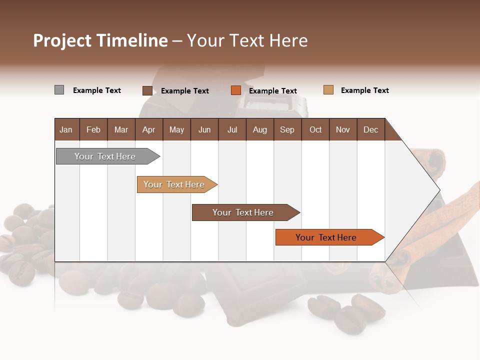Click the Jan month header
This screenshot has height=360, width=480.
point(66,129)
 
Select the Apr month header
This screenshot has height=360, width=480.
point(149,129)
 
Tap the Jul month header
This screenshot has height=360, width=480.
point(232,129)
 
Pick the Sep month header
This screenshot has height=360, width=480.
point(287,129)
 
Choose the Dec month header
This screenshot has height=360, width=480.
point(371,129)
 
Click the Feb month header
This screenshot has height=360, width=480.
point(93,129)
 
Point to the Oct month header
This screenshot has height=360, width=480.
point(315,129)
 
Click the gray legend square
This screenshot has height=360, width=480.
point(59,90)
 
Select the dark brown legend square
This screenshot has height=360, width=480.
point(147,90)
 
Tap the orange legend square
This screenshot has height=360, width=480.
point(236,90)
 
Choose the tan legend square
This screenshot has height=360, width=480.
point(328,90)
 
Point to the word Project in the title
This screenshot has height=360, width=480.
point(62,40)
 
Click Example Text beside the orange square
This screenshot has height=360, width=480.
point(273,91)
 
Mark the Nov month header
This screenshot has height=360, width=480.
point(343,129)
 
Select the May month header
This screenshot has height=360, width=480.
point(176,129)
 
